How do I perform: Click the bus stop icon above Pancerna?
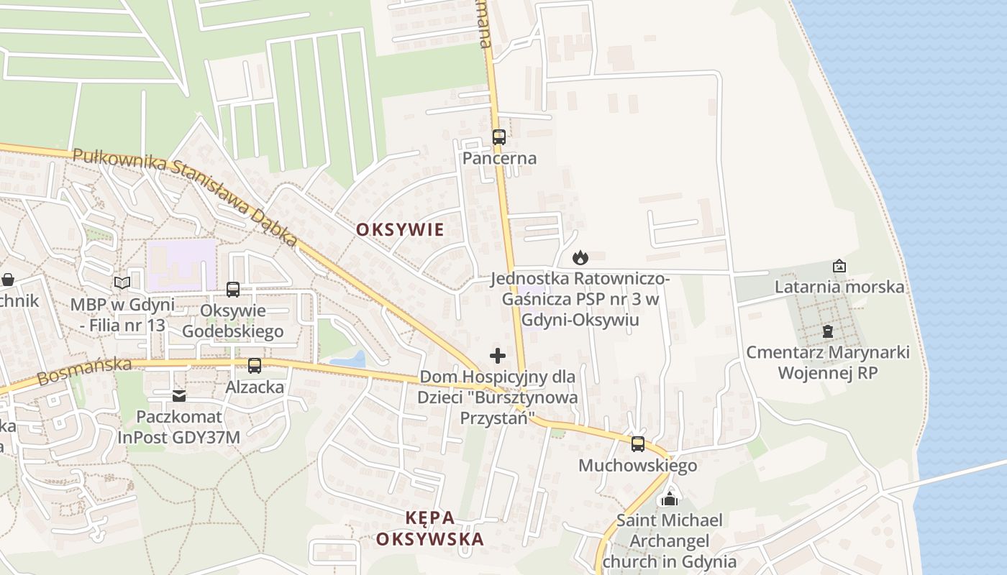coord(498,137)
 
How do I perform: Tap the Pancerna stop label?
coord(499,158)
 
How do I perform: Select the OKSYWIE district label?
coord(401,229)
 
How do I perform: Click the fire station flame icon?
coord(580,257)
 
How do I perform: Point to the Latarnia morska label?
coord(839,287)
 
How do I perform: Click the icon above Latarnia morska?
coord(839,266)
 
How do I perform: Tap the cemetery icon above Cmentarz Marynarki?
coord(827,331)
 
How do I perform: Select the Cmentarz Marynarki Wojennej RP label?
coord(827,363)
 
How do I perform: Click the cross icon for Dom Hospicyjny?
coord(497,356)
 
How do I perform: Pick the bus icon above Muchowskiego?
coord(638,443)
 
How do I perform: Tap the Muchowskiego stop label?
coord(638,466)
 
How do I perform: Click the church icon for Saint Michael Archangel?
coord(670,498)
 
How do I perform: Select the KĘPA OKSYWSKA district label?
coord(430,528)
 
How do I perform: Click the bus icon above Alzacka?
coord(255,365)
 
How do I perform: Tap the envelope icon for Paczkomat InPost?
coord(179,395)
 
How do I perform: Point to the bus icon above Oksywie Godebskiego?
coord(233,289)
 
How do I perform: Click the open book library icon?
coord(122,282)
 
